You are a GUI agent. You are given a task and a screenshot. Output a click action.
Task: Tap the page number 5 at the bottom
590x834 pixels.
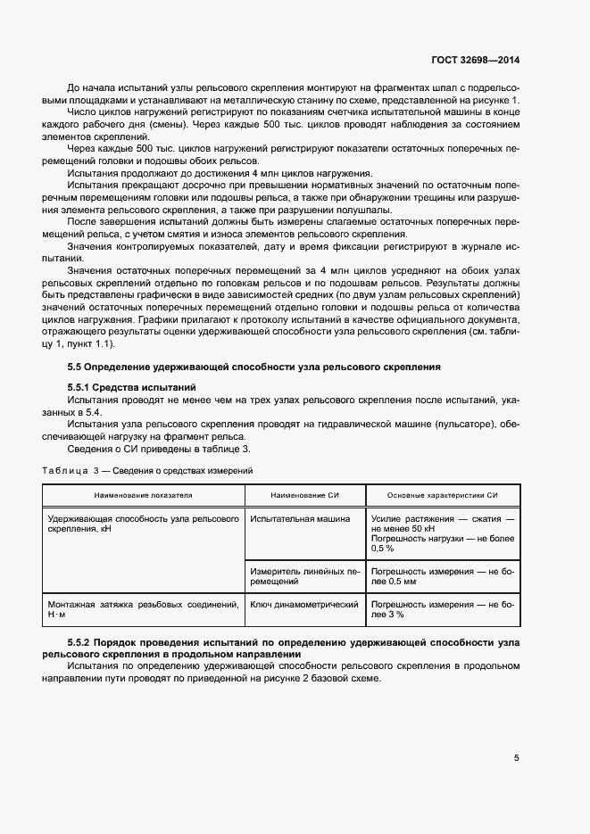(516, 758)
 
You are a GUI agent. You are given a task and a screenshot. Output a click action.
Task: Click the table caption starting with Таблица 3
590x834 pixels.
(147, 469)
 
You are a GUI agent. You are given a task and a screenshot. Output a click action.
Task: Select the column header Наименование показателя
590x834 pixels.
(144, 494)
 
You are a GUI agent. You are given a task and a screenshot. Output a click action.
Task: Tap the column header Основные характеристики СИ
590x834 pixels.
(442, 494)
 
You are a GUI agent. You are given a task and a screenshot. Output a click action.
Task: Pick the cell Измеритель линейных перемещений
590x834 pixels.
(303, 575)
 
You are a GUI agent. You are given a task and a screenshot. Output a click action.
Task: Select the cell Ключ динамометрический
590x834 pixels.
(303, 605)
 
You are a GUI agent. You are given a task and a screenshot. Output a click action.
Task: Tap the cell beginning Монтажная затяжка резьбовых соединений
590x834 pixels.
(144, 609)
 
